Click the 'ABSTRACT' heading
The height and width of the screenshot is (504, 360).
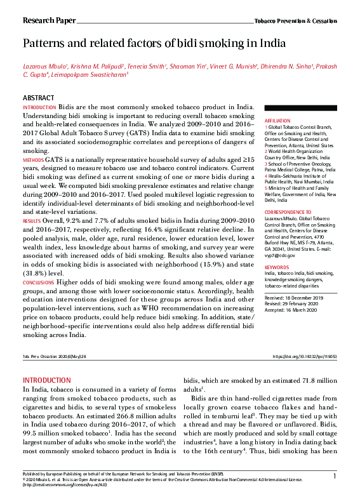click(x=38, y=98)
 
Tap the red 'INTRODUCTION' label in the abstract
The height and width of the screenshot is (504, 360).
click(x=39, y=109)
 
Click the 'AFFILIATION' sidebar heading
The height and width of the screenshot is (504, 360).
click(x=277, y=120)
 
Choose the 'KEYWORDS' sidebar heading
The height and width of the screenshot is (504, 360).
click(x=277, y=268)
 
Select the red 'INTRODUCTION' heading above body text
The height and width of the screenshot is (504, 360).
click(x=46, y=380)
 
